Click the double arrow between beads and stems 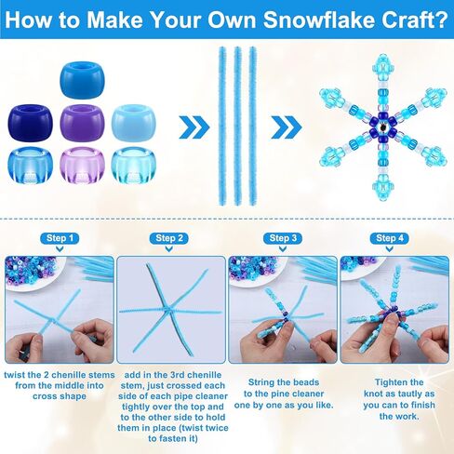coord(193,125)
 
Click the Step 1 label coord(60,239)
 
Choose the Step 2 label coord(170,239)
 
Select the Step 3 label coord(283,239)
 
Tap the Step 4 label coord(394,239)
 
